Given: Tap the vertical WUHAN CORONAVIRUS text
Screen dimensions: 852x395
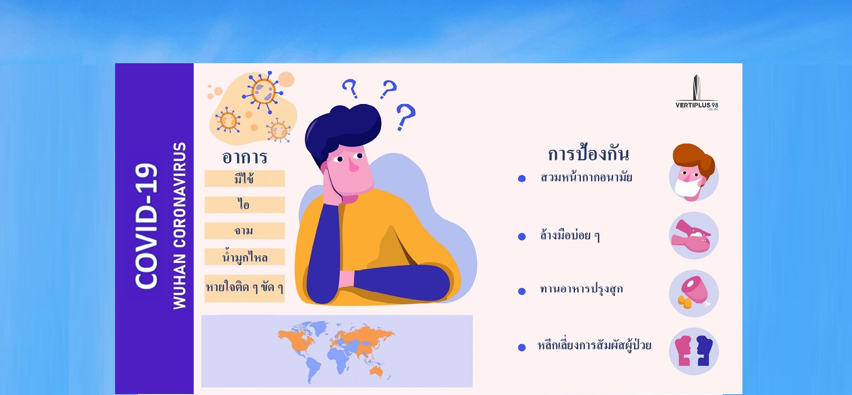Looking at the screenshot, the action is point(179,225).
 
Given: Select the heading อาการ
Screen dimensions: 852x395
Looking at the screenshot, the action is point(244,157).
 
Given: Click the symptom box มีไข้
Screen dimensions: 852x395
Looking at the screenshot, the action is point(244,178).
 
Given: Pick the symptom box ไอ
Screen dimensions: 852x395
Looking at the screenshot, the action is point(244,204).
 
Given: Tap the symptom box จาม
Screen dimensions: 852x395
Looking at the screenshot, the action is point(244,230).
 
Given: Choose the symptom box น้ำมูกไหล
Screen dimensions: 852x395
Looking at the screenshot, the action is point(244,257).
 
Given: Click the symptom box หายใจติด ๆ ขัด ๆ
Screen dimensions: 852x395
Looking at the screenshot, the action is point(244,288).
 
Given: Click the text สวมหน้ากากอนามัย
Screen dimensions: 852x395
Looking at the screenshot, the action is point(586,177).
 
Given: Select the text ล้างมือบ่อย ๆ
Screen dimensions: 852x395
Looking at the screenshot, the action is point(570,236).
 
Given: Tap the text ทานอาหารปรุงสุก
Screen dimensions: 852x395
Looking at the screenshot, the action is point(581,289).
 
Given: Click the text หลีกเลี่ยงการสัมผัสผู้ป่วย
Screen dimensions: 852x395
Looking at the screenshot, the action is point(594,345).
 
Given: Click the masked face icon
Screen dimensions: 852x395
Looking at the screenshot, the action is point(694,173).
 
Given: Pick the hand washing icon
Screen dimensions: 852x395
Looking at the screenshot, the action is point(694,236).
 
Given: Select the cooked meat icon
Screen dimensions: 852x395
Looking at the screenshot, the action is point(694,293).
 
